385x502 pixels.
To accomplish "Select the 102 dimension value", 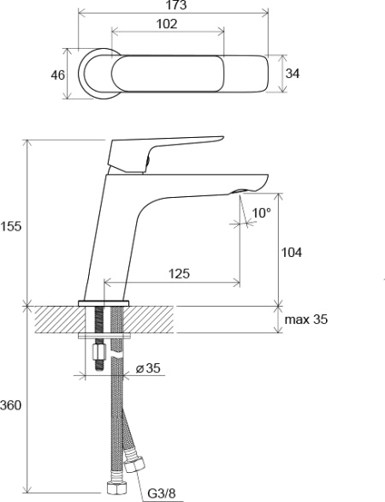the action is click(x=167, y=24).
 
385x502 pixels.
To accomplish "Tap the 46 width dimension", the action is click(x=58, y=75).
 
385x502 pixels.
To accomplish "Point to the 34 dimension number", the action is click(x=293, y=74).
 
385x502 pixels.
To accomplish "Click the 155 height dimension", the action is click(x=10, y=226).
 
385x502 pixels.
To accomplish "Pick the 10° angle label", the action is click(x=261, y=213).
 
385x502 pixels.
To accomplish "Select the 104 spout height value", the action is click(x=291, y=253).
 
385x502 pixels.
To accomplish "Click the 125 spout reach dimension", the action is click(x=179, y=274).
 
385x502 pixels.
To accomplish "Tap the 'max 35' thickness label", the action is click(x=306, y=320).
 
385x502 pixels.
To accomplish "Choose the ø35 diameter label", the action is click(x=148, y=368).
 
